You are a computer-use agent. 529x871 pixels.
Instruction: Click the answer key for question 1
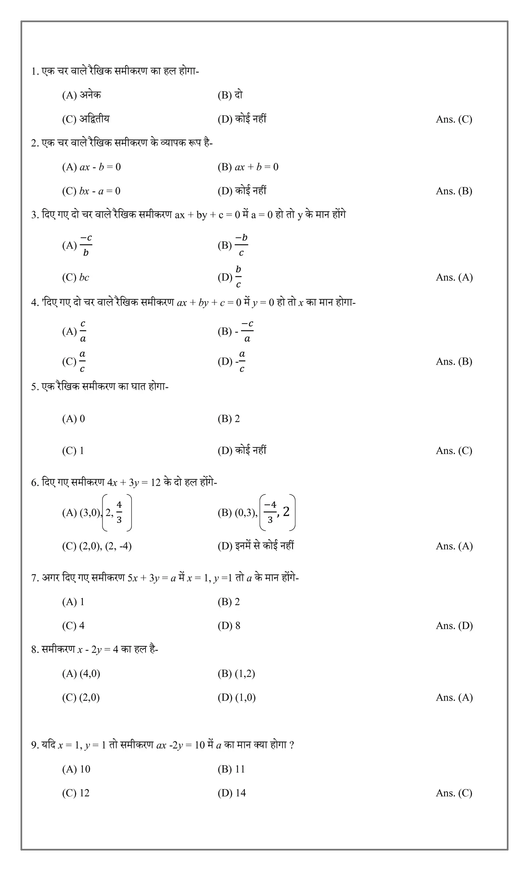(454, 119)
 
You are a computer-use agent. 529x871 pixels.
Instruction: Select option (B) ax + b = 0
(248, 167)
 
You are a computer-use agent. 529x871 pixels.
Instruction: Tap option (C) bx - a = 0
(91, 191)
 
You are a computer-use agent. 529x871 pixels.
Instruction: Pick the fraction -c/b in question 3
(86, 245)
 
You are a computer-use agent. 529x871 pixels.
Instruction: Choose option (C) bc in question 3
(76, 278)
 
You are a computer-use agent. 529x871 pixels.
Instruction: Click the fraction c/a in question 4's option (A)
(83, 331)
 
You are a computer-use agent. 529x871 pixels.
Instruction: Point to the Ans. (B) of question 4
(454, 362)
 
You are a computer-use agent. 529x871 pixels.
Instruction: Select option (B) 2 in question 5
(228, 419)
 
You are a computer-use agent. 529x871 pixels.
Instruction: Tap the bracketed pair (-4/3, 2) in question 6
(277, 513)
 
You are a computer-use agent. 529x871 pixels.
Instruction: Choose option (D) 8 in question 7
(229, 626)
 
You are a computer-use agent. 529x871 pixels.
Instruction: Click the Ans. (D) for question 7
(454, 626)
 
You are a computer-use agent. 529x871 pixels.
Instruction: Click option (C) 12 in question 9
(76, 793)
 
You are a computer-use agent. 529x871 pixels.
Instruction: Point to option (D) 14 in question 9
(231, 793)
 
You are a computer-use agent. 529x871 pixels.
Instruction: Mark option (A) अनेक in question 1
(82, 95)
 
